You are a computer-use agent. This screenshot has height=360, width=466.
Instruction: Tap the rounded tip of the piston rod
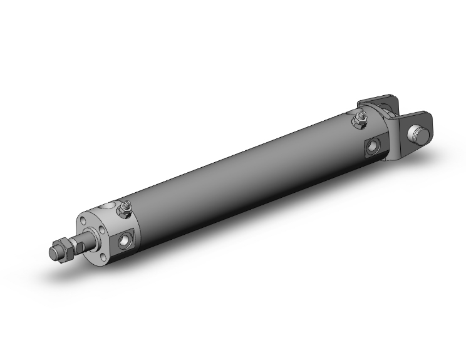click(53, 253)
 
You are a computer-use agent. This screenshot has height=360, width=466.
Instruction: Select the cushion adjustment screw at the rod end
click(127, 205)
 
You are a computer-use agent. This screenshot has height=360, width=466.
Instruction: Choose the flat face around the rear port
click(375, 147)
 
